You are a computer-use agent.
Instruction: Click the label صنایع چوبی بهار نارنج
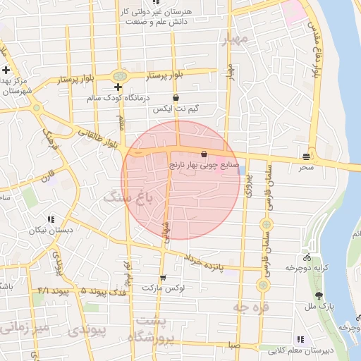pos(204,166)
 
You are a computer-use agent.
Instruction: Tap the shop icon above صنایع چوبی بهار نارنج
pos(204,154)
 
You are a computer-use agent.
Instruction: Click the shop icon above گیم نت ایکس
pos(176,99)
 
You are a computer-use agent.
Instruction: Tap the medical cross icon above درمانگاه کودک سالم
pos(118,87)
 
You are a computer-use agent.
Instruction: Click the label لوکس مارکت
pos(163,288)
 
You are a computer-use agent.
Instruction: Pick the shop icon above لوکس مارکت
pos(163,277)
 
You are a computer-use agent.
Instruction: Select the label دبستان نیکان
pos(51,231)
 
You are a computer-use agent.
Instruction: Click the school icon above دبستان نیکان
pos(51,219)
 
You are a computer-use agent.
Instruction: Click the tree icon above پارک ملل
pos(320,296)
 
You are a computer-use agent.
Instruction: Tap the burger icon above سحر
pos(306,156)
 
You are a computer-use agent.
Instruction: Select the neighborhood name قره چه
pos(250,307)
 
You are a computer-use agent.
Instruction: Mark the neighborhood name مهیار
pos(236,39)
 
